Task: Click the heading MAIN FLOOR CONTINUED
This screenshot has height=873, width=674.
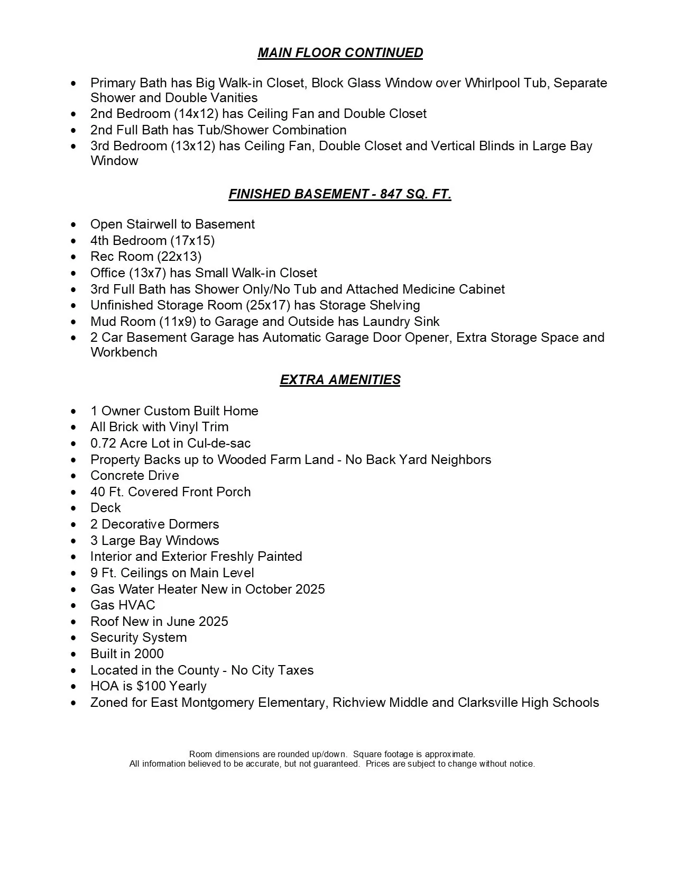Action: pos(340,53)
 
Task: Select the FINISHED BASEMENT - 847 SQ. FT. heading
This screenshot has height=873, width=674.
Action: pos(340,194)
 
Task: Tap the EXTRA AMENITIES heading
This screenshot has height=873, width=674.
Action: pos(340,380)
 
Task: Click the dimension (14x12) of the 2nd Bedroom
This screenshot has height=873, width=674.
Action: pos(194,114)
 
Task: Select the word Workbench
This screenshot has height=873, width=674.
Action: pos(124,352)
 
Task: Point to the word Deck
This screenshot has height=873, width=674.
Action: pos(106,508)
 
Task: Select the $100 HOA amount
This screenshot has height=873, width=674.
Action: pos(151,686)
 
